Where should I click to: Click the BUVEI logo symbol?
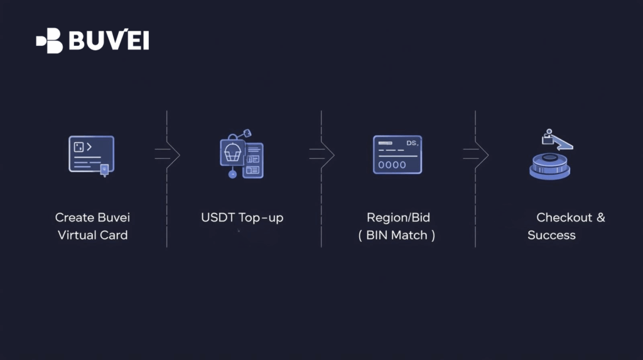tap(50, 41)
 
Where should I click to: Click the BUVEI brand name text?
tap(109, 41)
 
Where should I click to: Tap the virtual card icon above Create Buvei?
tap(92, 155)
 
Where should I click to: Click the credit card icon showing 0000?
tap(397, 155)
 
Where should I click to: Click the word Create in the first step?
tap(73, 218)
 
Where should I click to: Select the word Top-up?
tap(261, 218)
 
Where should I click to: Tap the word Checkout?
tap(564, 218)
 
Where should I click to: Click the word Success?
tap(551, 236)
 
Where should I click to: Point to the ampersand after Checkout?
tap(601, 218)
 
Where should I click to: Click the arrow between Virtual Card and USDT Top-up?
tap(168, 155)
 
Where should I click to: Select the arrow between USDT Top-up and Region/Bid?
tap(322, 155)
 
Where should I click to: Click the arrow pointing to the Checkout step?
tap(476, 155)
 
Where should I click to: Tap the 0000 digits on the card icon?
tap(391, 165)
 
